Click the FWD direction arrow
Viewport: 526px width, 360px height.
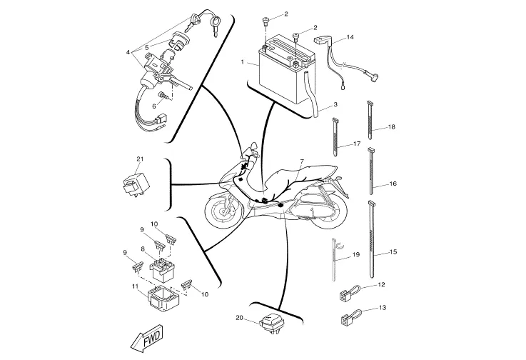point(147,339)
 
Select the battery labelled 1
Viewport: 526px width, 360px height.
point(287,70)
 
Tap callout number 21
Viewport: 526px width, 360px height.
point(140,159)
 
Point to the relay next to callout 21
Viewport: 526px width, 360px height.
point(134,185)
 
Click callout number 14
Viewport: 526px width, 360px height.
point(350,37)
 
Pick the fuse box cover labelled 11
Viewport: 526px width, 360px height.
point(164,298)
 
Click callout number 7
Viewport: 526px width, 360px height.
point(302,161)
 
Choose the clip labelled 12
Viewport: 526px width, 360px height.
point(350,292)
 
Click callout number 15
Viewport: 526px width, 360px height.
point(393,251)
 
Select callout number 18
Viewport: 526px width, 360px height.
point(392,127)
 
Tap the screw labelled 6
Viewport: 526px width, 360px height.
point(163,96)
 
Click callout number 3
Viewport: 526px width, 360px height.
point(335,105)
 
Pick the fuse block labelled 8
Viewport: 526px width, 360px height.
point(161,269)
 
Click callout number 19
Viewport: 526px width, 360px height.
point(356,254)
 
